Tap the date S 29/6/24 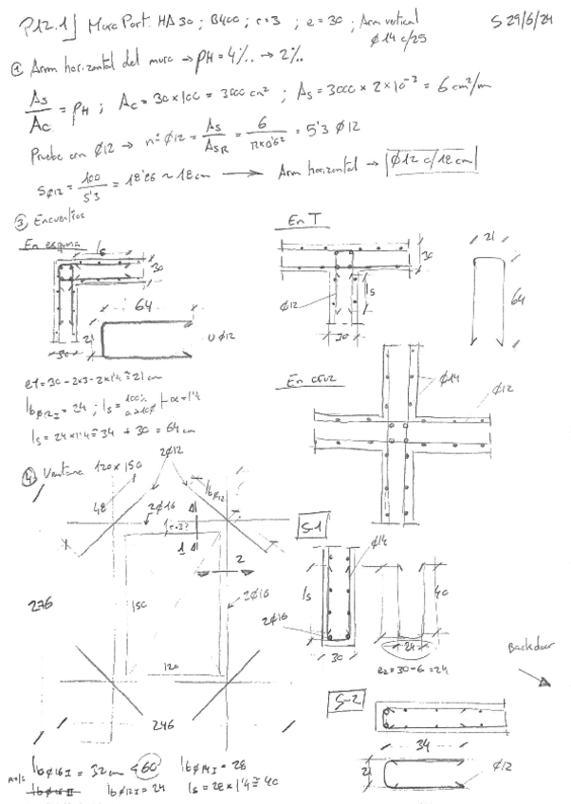click(x=523, y=21)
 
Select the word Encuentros click(x=58, y=216)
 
